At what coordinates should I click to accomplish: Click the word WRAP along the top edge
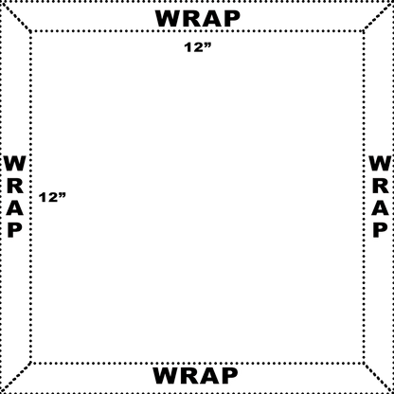pos(198,19)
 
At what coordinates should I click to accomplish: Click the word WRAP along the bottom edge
pos(195,376)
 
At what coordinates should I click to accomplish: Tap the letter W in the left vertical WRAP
pos(15,163)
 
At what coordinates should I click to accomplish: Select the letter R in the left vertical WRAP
pos(15,186)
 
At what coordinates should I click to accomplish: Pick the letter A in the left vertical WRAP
pos(15,207)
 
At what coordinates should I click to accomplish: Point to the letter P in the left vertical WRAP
pos(15,230)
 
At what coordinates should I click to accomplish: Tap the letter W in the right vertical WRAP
pos(380,163)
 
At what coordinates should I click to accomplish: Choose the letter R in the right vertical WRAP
pos(381,186)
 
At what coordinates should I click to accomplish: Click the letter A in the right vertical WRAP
pos(380,207)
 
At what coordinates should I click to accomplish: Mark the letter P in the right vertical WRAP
pos(381,230)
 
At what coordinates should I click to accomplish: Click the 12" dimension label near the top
pos(198,47)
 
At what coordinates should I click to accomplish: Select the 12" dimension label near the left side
pos(52,197)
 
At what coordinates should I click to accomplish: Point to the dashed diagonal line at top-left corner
pos(16,17)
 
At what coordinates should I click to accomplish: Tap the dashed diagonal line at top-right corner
pos(378,17)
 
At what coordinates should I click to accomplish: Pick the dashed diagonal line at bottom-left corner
pos(16,377)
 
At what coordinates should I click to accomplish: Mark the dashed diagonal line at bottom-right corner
pos(378,377)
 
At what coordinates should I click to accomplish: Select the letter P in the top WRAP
pos(232,19)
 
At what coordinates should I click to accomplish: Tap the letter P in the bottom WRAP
pos(230,376)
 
